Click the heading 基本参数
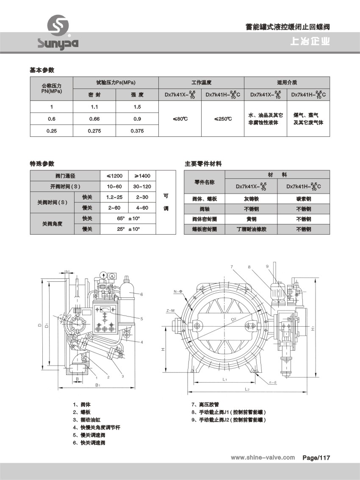(42, 70)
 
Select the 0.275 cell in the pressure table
(94, 131)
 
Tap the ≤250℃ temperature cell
(223, 119)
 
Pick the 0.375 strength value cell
(137, 131)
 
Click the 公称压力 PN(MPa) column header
(51, 89)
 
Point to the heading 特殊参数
(42, 164)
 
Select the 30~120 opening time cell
(142, 186)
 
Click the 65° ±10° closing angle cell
(128, 219)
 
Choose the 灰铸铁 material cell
(251, 198)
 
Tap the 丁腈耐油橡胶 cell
(251, 229)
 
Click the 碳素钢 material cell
(303, 198)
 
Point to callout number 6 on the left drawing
(142, 294)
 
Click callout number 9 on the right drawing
(268, 266)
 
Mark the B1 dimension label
(97, 385)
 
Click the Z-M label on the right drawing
(170, 311)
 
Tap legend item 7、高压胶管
(206, 405)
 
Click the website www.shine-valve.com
(263, 458)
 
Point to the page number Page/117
(316, 458)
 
